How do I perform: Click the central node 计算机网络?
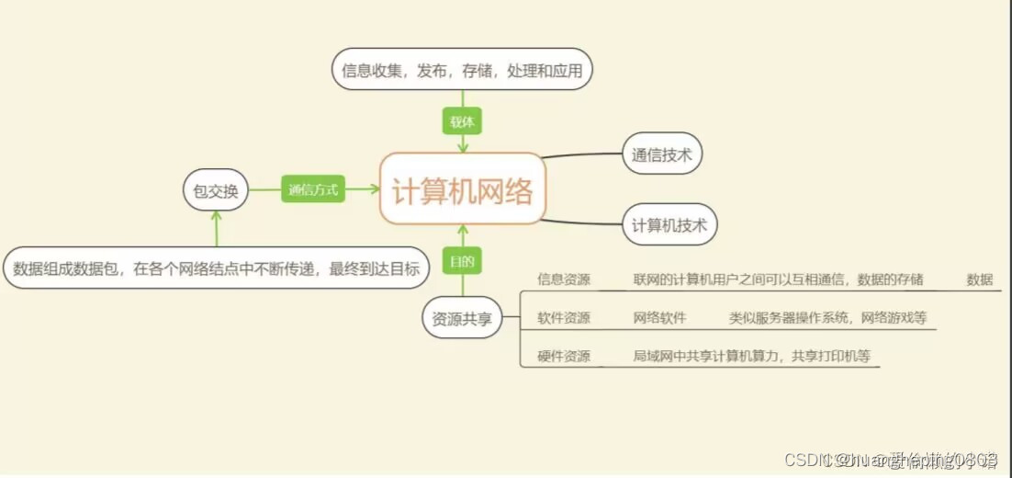click(463, 190)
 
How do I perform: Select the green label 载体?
click(463, 120)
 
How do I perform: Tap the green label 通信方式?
click(313, 190)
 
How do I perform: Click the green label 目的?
click(462, 261)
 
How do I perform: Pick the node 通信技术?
click(661, 154)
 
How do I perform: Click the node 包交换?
click(216, 190)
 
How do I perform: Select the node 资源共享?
click(463, 318)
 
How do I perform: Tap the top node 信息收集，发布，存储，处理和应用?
click(462, 69)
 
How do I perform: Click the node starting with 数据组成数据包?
click(217, 268)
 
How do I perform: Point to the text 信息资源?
click(564, 279)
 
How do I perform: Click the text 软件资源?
click(564, 318)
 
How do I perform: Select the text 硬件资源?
click(564, 356)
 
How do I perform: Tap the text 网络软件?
click(659, 318)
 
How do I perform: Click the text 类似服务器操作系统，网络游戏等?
click(827, 318)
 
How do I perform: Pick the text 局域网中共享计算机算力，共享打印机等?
click(751, 356)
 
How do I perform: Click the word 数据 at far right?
click(980, 279)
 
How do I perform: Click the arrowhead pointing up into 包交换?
click(216, 217)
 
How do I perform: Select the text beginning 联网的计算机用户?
click(778, 279)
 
